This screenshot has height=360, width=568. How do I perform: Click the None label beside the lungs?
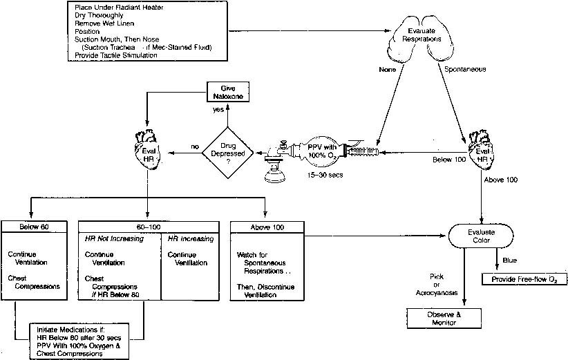[386, 69]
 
